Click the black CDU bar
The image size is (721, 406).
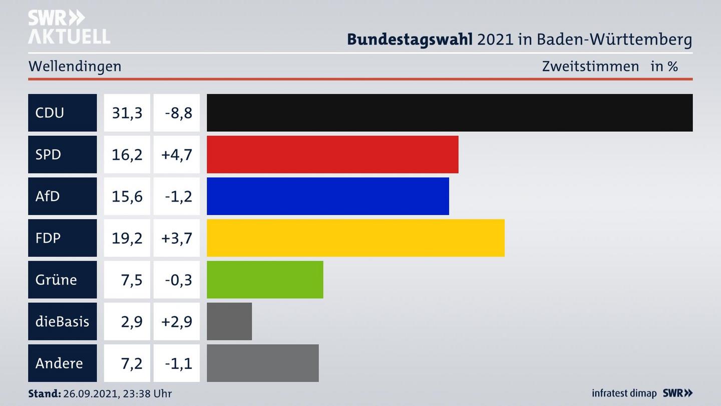tap(450, 113)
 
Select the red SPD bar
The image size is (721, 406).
tap(332, 154)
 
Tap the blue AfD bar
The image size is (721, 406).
tap(328, 196)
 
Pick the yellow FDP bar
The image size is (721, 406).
tap(355, 238)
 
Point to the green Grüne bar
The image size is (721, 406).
tap(265, 280)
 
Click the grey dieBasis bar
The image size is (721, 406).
tap(229, 321)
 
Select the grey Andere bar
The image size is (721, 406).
tap(263, 363)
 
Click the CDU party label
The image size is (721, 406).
tap(50, 113)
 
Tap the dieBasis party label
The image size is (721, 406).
tap(62, 321)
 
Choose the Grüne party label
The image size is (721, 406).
tap(56, 280)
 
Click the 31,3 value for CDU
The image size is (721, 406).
tap(127, 113)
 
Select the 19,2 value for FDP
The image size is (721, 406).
tap(127, 238)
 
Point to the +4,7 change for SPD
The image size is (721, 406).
tap(177, 154)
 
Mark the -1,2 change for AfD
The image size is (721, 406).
tap(178, 196)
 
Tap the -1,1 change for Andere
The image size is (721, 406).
tap(178, 363)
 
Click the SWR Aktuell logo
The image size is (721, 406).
tap(69, 27)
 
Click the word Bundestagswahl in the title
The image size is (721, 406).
tap(410, 39)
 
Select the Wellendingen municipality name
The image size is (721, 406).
tap(75, 66)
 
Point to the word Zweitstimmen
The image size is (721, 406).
tap(590, 66)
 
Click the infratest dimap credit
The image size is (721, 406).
tap(624, 393)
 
